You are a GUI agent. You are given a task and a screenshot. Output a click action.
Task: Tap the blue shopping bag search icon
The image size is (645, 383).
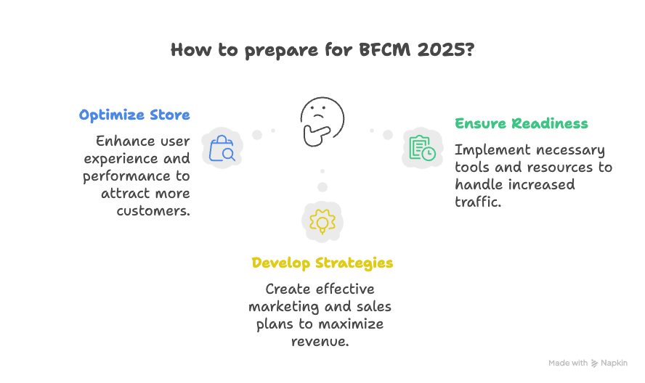[222, 148]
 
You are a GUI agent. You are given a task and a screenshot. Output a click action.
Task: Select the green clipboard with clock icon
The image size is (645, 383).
[422, 148]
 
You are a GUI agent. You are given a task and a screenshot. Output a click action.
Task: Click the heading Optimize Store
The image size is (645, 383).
[134, 115]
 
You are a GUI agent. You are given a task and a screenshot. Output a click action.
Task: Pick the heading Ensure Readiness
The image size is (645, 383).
[521, 123]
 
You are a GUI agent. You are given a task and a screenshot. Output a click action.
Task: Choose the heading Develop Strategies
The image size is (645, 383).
[322, 263]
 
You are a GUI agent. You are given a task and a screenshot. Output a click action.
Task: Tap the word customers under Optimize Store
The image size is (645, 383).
[153, 211]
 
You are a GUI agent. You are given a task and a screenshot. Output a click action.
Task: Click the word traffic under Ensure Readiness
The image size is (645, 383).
[478, 202]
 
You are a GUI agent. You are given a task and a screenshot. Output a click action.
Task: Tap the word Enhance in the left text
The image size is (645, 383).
[122, 141]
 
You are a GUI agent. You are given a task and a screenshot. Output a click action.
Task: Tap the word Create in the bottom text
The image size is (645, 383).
[285, 289]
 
